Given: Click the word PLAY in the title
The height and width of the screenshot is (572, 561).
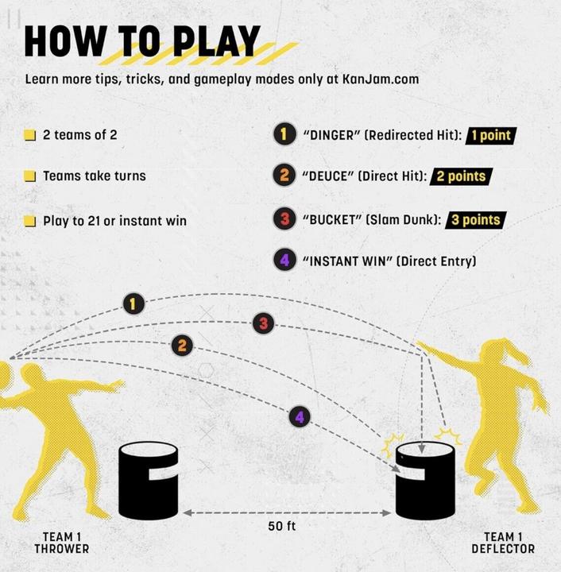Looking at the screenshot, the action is [x=216, y=41].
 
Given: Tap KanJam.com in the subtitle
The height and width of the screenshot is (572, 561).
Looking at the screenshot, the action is [x=381, y=79].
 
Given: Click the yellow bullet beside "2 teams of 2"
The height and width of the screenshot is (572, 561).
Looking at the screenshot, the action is [x=29, y=135].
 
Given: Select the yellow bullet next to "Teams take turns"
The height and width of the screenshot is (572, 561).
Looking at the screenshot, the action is [x=29, y=176].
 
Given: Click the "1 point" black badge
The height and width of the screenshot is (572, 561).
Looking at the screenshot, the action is [x=491, y=136].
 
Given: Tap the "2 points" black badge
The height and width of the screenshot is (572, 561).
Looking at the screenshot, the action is [x=461, y=176].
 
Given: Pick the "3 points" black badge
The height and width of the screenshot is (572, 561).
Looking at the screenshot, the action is [x=476, y=220].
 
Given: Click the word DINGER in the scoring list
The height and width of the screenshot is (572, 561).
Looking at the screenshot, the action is [x=331, y=135].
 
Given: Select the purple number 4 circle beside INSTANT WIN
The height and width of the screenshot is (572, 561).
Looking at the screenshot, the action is [x=284, y=260].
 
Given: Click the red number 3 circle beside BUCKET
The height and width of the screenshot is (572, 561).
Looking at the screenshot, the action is [x=284, y=218].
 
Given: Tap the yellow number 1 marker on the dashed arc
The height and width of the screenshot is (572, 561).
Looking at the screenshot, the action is [x=133, y=303].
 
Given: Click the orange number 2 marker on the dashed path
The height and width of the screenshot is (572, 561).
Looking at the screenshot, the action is [x=182, y=346].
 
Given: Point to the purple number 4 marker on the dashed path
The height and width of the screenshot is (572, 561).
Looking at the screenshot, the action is [x=300, y=417].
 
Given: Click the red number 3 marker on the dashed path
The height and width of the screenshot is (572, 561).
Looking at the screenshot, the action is [x=263, y=323].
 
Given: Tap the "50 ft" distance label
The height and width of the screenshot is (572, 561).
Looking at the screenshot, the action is [x=281, y=526].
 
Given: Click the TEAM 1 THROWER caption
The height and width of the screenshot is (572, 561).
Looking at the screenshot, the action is [x=62, y=543].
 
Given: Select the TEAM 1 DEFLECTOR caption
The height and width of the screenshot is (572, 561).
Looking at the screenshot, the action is [x=503, y=543].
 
